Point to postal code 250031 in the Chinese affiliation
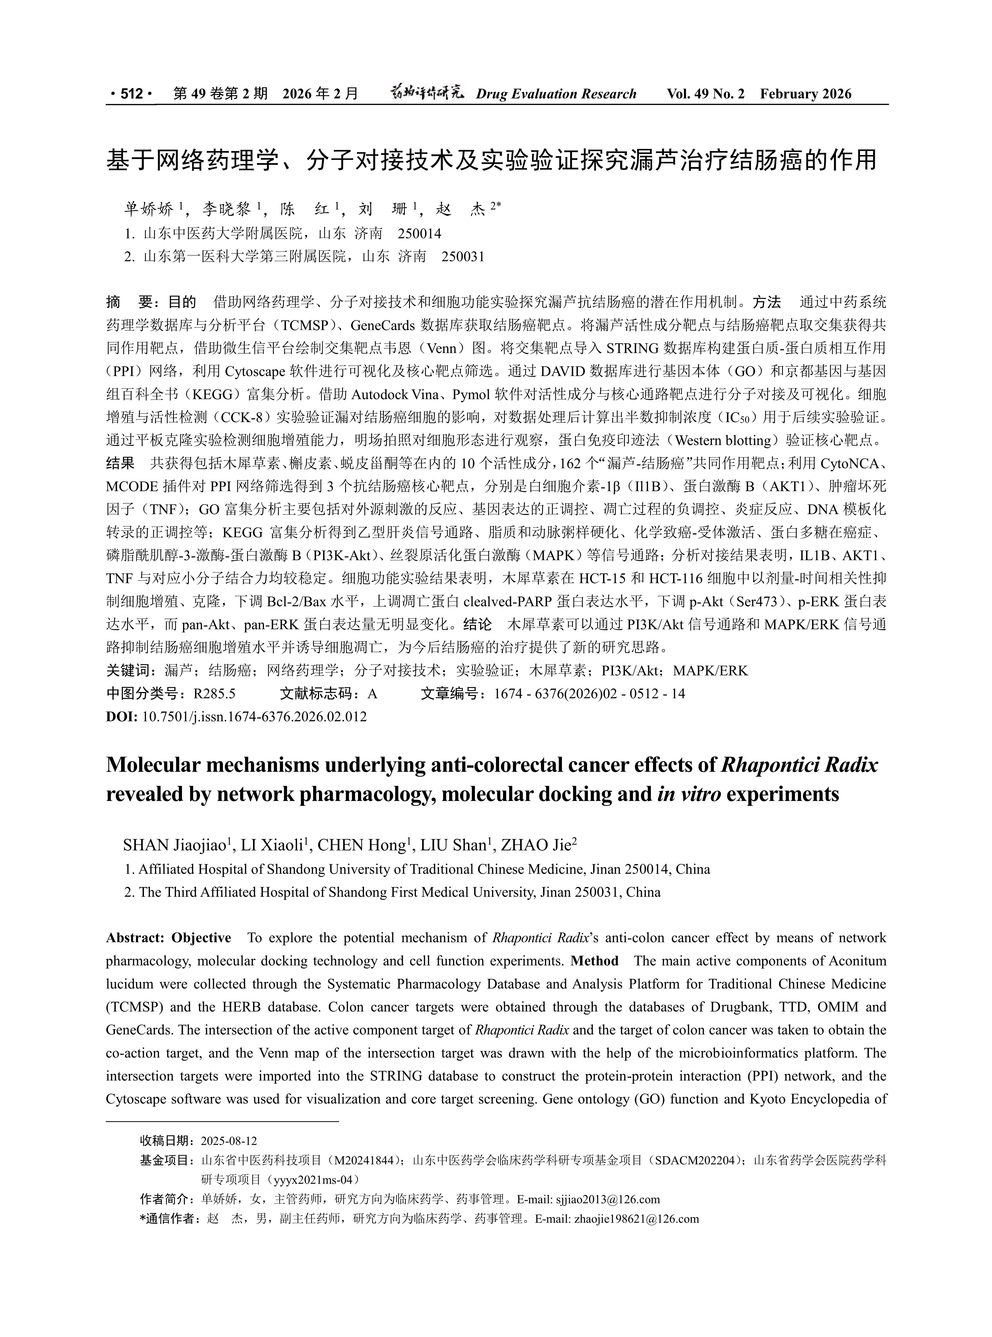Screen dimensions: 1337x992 (x=462, y=257)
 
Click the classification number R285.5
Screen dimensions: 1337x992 (x=214, y=694)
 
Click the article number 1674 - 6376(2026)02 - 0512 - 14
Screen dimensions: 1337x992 (x=589, y=694)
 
